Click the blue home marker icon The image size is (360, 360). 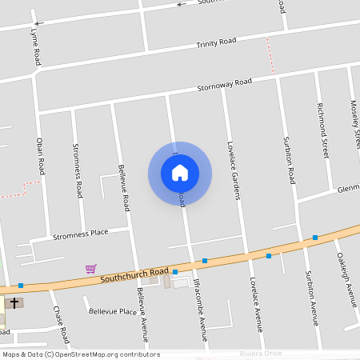point(180,173)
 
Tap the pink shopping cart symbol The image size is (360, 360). point(91,269)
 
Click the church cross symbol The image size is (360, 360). point(14,304)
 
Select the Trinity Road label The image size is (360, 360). point(217,42)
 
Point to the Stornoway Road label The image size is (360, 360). point(225,84)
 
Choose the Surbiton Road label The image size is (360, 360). point(290,160)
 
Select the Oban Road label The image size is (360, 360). point(40,156)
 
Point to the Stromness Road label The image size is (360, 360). point(78,170)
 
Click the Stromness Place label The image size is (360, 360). point(80,234)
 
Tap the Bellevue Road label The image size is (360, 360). point(124,188)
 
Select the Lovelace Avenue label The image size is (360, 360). point(256,305)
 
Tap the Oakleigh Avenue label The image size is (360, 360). point(346,280)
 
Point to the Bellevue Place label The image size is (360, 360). point(113,311)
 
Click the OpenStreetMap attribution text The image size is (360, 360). point(80,354)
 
